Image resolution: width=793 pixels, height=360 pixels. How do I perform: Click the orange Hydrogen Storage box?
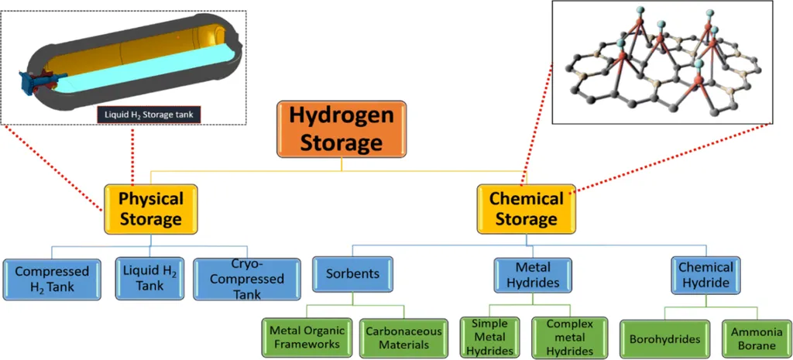342,129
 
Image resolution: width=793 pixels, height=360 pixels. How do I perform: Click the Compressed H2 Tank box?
53,279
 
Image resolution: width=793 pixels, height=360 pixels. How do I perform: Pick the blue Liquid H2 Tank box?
149,277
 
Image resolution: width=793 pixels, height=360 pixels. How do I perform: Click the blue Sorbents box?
352,274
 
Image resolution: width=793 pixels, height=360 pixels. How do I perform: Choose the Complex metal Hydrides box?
569,337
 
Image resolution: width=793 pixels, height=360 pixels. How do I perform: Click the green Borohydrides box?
664,338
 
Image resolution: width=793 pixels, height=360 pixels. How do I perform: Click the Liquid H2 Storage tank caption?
151,115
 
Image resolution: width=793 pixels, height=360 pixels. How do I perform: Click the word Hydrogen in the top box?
342,116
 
